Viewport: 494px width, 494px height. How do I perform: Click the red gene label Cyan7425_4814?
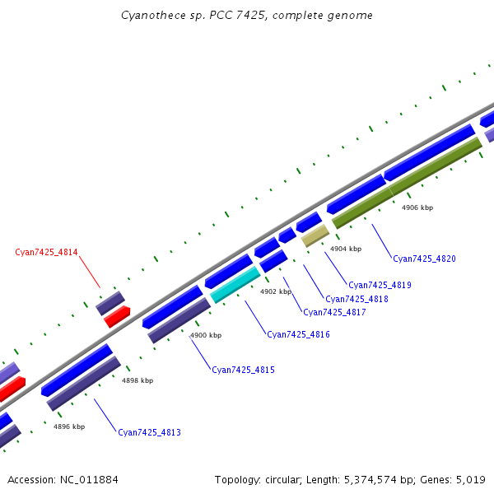[x=46, y=252]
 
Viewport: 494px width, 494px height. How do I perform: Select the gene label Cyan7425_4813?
[x=149, y=432]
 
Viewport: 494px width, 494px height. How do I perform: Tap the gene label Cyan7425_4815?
[x=243, y=370]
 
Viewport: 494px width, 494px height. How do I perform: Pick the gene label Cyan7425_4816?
[x=298, y=334]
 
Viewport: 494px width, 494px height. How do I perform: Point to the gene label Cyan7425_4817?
[x=334, y=312]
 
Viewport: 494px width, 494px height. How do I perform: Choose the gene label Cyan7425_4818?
[x=357, y=299]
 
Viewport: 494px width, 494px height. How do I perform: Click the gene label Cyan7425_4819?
[x=380, y=285]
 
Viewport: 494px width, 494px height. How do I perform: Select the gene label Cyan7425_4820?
[x=424, y=259]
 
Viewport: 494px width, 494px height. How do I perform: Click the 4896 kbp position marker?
[x=69, y=426]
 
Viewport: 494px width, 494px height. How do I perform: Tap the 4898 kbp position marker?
[x=137, y=380]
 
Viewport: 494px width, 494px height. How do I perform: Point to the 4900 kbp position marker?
[x=206, y=335]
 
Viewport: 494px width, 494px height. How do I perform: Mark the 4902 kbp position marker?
[x=276, y=291]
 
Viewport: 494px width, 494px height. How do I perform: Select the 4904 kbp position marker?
[x=346, y=249]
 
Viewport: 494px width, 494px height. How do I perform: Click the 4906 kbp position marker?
[x=417, y=207]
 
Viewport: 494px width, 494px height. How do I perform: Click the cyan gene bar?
[x=235, y=284]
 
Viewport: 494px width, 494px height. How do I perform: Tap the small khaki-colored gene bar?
[x=315, y=236]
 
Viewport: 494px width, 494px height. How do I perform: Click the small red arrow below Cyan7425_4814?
[x=117, y=316]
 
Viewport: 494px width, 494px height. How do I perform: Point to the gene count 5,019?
[x=469, y=479]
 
